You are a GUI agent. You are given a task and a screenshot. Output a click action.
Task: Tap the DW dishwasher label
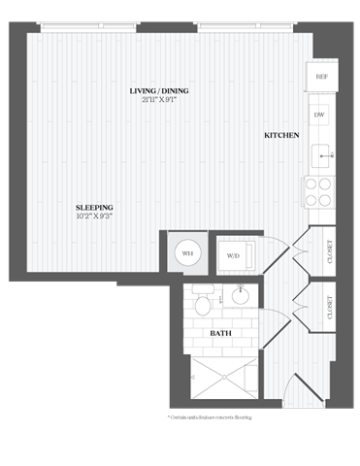319,115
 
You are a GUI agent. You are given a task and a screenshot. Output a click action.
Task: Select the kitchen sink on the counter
320,153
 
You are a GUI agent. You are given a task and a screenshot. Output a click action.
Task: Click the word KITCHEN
281,136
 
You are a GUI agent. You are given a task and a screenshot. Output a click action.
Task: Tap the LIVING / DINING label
159,91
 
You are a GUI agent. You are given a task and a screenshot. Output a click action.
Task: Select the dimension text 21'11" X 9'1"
159,100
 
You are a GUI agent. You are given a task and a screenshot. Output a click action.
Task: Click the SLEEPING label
96,208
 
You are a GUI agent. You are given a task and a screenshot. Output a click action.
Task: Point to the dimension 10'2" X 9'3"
96,216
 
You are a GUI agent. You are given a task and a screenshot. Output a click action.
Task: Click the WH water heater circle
186,254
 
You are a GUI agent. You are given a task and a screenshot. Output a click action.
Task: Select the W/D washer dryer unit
234,255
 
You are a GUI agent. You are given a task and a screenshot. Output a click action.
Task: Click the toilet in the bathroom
202,304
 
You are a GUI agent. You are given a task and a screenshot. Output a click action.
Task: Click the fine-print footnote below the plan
210,418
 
